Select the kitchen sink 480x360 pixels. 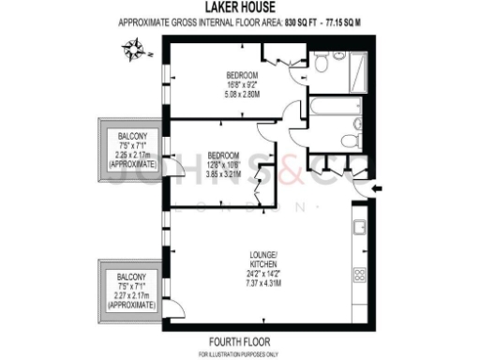(x=358, y=228)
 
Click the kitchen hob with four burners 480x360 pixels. (x=358, y=277)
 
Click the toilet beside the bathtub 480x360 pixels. (x=350, y=140)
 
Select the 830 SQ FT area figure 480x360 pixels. (x=301, y=25)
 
